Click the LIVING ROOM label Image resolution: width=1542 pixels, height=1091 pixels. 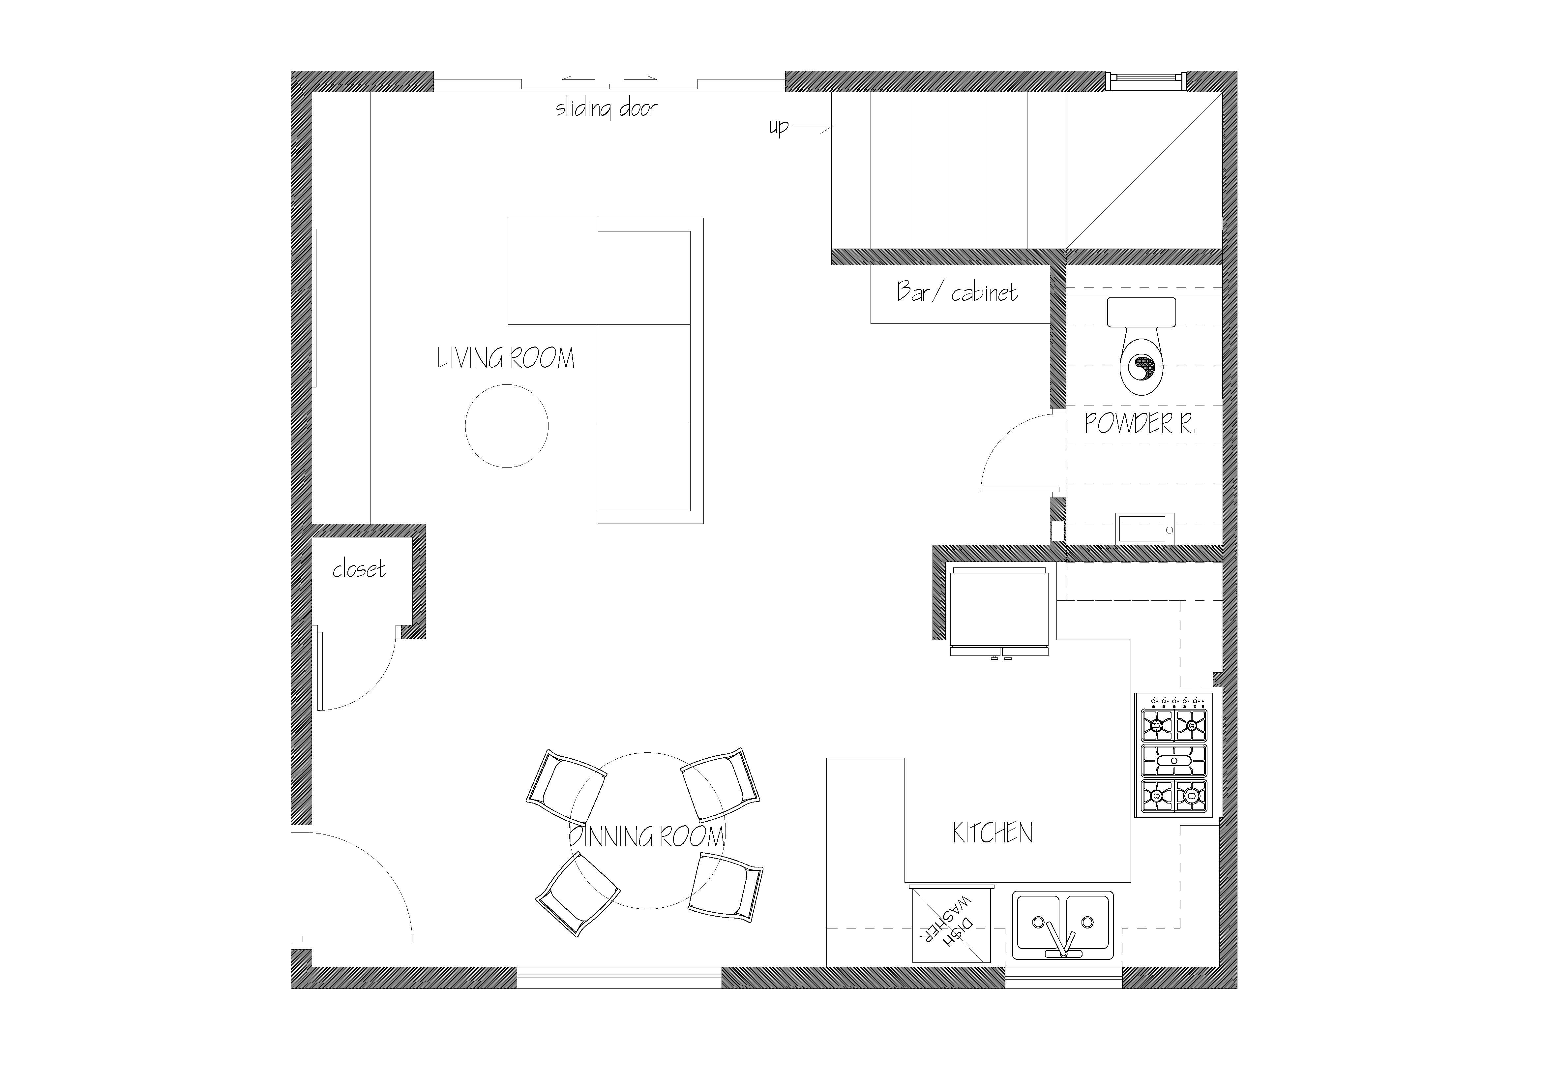(x=506, y=358)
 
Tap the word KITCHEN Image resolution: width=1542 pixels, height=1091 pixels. (x=993, y=833)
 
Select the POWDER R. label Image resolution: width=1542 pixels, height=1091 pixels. (x=1141, y=423)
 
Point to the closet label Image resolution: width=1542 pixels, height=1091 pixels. (x=359, y=570)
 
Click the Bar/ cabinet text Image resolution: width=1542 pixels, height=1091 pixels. (x=957, y=291)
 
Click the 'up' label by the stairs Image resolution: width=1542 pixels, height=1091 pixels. (x=778, y=127)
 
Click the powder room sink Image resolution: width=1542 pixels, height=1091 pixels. (x=1145, y=528)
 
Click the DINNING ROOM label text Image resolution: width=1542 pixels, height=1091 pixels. (x=647, y=836)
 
